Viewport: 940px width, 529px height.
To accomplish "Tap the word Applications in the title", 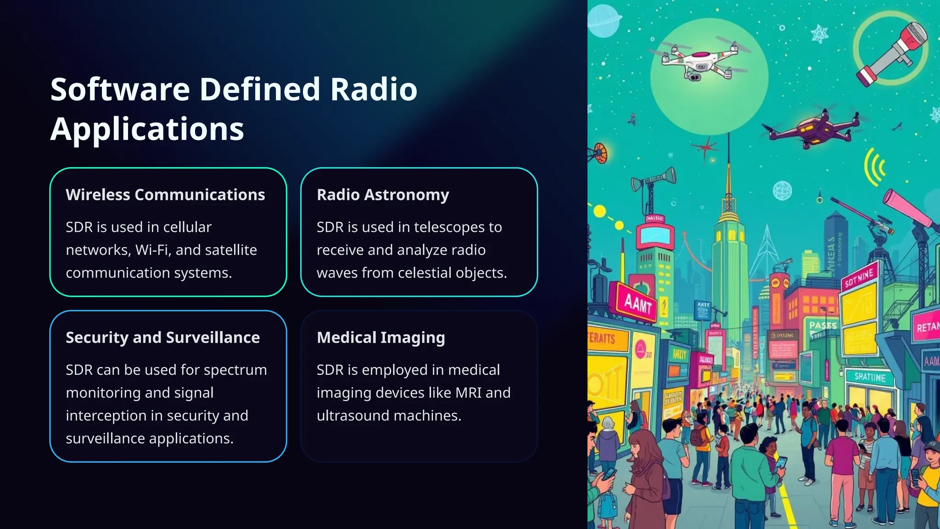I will (147, 129).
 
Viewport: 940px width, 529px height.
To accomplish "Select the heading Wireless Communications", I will (165, 195).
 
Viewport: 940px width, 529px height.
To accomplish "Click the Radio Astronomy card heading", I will (383, 195).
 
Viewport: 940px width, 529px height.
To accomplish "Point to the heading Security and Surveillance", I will (162, 338).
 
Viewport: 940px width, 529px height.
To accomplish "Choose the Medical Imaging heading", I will (380, 338).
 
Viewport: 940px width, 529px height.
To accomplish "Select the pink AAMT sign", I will (638, 303).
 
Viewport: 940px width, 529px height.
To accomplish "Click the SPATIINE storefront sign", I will (869, 377).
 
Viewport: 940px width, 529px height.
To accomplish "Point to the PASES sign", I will (823, 325).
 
